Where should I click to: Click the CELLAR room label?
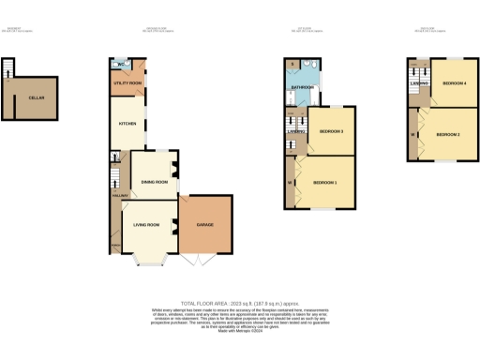click(37, 97)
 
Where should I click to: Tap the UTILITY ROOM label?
click(128, 83)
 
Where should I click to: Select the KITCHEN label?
click(127, 123)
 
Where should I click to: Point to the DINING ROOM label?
click(154, 181)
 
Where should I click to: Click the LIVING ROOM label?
click(147, 225)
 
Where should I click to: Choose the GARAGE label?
click(205, 225)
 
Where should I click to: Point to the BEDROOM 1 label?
click(324, 181)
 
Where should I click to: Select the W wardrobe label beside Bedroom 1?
click(290, 181)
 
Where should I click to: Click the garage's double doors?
click(205, 261)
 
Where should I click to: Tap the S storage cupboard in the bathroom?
click(293, 66)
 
